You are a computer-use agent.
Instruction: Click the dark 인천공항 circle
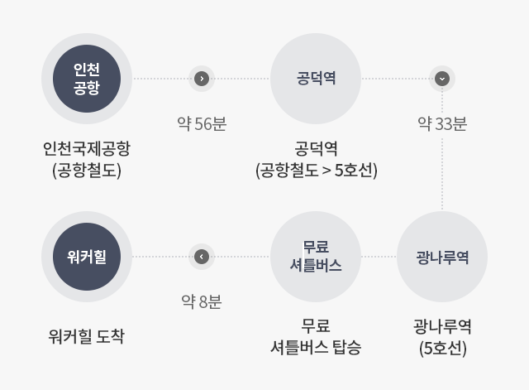pyautogui.click(x=87, y=79)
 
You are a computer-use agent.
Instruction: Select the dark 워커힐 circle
pyautogui.click(x=87, y=257)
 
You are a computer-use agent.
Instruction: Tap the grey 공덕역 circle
pyautogui.click(x=316, y=79)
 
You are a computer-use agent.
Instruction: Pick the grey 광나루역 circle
pyautogui.click(x=442, y=257)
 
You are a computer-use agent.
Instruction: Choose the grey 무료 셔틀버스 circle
pyautogui.click(x=316, y=257)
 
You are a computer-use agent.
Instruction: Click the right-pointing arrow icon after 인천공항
pyautogui.click(x=202, y=79)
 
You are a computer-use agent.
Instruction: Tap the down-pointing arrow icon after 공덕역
pyautogui.click(x=442, y=79)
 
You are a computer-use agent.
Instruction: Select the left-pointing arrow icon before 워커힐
pyautogui.click(x=202, y=257)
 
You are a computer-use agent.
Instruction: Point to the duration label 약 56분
pyautogui.click(x=202, y=123)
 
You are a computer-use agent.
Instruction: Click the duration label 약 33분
pyautogui.click(x=442, y=123)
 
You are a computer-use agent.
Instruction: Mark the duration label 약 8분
pyautogui.click(x=202, y=301)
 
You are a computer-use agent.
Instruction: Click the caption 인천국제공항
pyautogui.click(x=87, y=148)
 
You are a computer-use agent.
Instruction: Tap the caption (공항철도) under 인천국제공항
pyautogui.click(x=87, y=170)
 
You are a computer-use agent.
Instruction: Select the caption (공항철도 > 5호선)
pyautogui.click(x=316, y=170)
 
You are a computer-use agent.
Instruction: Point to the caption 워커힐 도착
pyautogui.click(x=87, y=336)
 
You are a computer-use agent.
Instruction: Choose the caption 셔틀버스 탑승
pyautogui.click(x=316, y=348)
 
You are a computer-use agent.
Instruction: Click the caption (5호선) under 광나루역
pyautogui.click(x=443, y=348)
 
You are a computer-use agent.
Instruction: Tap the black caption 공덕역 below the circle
pyautogui.click(x=316, y=148)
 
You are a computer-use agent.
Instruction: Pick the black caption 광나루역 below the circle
pyautogui.click(x=442, y=326)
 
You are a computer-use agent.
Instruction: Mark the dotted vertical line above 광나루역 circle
pyautogui.click(x=442, y=149)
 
